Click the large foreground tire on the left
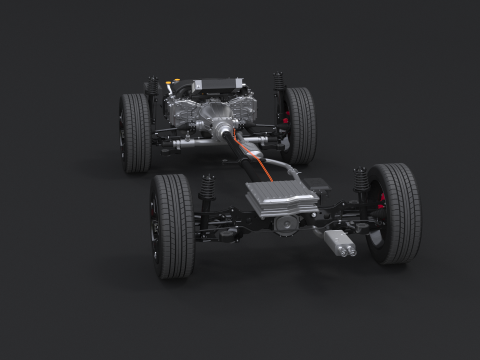coord(172,226)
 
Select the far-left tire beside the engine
coord(135,132)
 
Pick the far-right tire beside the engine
coord(298,124)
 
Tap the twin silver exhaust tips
coord(339,244)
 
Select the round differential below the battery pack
coord(287,225)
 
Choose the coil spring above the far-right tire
coord(278,84)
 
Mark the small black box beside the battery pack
coord(315,185)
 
